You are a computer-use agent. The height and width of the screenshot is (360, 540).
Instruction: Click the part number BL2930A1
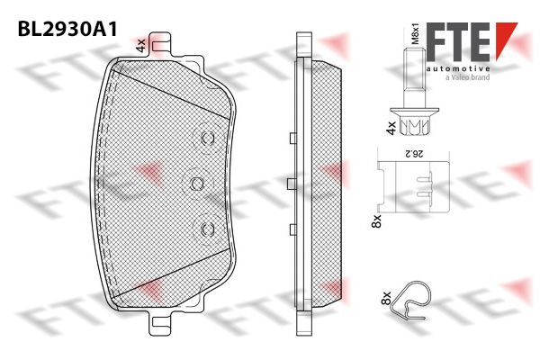point(67,29)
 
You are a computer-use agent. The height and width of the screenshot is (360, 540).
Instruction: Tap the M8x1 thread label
point(416,34)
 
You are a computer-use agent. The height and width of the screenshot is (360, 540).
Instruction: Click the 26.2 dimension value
point(414,154)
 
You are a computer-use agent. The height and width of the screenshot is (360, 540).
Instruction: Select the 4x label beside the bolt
point(391,128)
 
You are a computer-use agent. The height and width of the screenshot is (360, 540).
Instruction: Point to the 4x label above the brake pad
point(141,46)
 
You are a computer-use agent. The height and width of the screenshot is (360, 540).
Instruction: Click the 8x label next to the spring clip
point(387,298)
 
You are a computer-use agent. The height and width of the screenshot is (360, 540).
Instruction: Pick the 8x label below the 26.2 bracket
point(377,220)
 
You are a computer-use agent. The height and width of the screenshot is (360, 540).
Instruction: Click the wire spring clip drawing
point(412,301)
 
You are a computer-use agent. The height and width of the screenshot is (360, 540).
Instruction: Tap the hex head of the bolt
point(415,126)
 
